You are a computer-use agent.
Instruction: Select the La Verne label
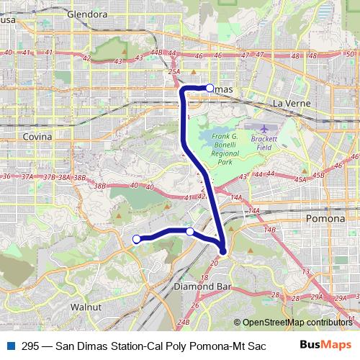point(292,104)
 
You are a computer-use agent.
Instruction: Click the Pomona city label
point(326,217)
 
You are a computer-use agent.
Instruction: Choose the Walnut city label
point(84,307)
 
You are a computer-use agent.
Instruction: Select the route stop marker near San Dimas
point(210,88)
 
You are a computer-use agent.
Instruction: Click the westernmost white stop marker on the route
point(137,239)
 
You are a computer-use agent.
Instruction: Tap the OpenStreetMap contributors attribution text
point(296,323)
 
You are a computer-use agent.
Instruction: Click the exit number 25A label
point(174,71)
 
